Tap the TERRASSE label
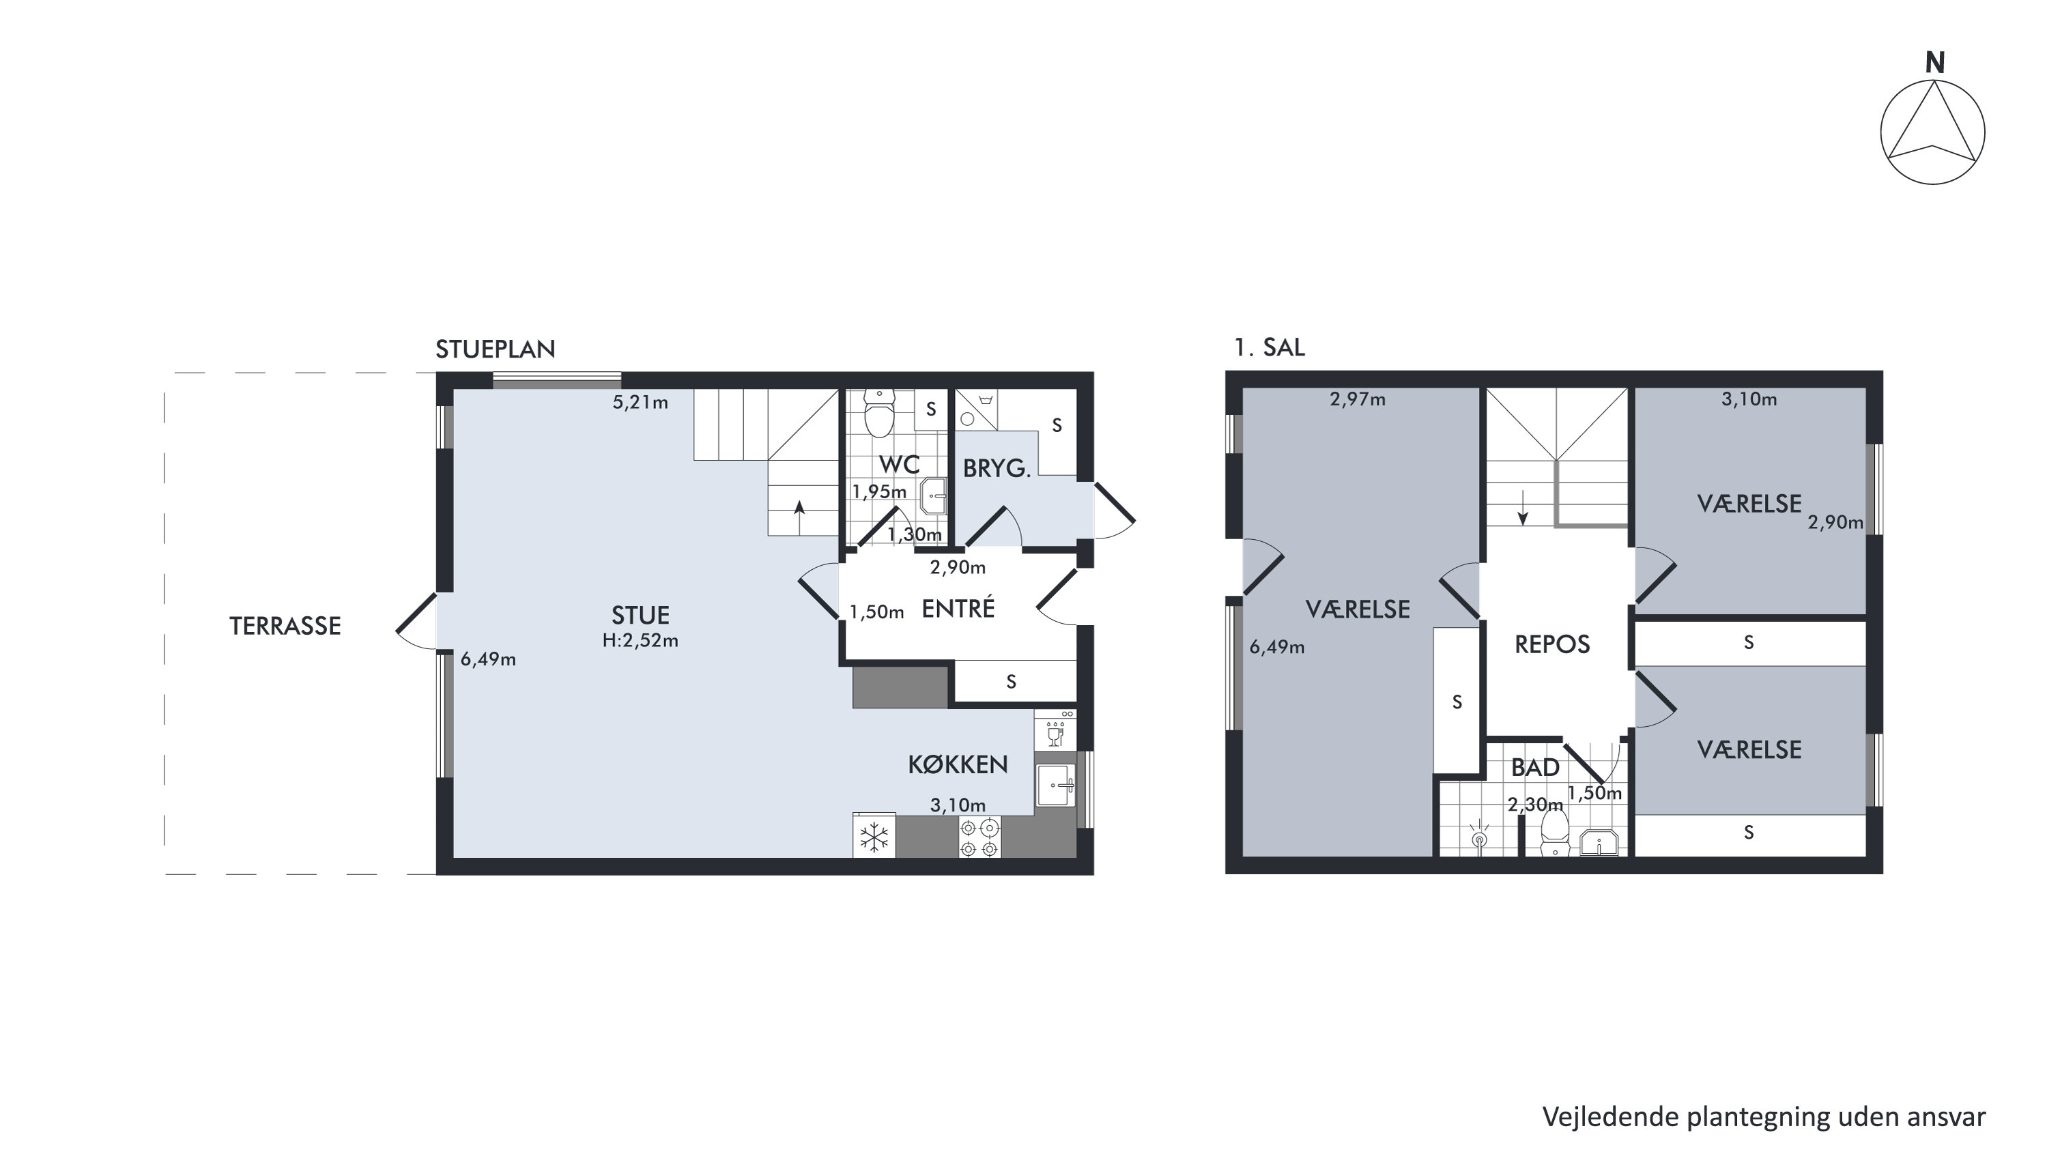tap(285, 626)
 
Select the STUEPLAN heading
tap(495, 349)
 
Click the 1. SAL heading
tap(1269, 347)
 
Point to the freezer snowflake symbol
tap(874, 837)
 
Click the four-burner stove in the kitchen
tap(979, 838)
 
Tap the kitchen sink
tap(1055, 786)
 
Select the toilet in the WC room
tap(879, 412)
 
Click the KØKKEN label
tap(958, 764)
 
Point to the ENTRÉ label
tap(958, 608)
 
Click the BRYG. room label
tap(997, 469)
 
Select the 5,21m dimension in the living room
tap(640, 403)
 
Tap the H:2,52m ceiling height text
tap(640, 640)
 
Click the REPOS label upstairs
tap(1552, 644)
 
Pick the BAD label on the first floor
tap(1535, 768)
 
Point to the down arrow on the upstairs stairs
tap(1523, 508)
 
